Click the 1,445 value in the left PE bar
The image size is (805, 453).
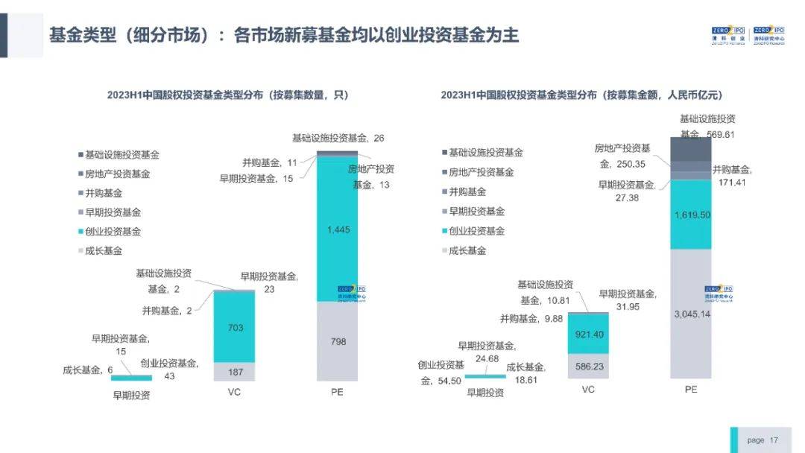(337, 230)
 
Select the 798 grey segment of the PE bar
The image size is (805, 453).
(337, 341)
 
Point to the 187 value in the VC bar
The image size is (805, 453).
(234, 371)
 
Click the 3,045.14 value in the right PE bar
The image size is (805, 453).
(690, 312)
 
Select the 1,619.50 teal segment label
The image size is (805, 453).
(690, 214)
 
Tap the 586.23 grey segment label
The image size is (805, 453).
(588, 366)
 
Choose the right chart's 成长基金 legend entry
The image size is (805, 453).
(467, 250)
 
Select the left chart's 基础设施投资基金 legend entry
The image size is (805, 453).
(121, 155)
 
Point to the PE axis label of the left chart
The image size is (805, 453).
(337, 392)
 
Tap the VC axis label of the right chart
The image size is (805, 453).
(588, 389)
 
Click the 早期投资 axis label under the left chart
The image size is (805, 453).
(131, 396)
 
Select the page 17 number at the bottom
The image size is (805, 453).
(763, 440)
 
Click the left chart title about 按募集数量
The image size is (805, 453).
(227, 95)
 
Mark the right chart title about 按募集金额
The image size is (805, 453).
(581, 95)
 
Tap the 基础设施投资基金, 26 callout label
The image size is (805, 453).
(338, 139)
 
